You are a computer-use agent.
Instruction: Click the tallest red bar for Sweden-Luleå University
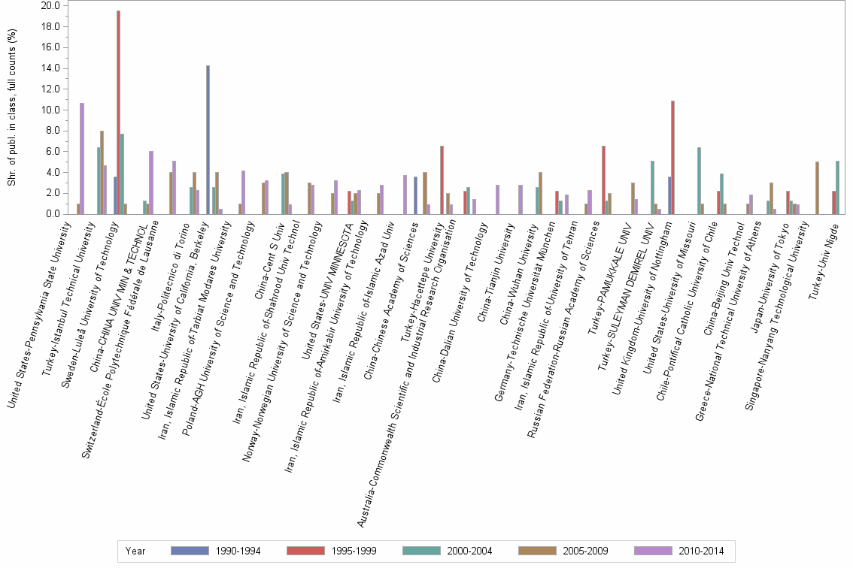pos(118,113)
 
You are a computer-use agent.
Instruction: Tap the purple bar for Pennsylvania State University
pos(82,159)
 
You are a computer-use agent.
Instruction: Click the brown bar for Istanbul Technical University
pos(102,172)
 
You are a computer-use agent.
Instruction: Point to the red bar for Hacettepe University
pos(442,180)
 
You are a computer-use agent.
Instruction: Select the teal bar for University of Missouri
pos(699,180)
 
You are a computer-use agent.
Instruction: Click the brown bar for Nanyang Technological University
pos(817,188)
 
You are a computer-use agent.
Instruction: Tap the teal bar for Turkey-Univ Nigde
pos(837,187)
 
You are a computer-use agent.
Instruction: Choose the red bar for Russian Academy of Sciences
pos(603,180)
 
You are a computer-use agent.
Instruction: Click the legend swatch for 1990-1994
pos(189,551)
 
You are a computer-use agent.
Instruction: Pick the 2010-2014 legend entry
pos(700,551)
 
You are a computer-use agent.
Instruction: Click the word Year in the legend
pos(135,551)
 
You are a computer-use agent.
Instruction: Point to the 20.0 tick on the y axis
pos(50,5)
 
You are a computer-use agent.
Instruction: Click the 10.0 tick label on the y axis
pos(50,110)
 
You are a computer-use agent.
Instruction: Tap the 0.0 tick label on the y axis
pos(53,214)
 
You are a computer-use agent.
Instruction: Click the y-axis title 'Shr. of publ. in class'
pos(11,109)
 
